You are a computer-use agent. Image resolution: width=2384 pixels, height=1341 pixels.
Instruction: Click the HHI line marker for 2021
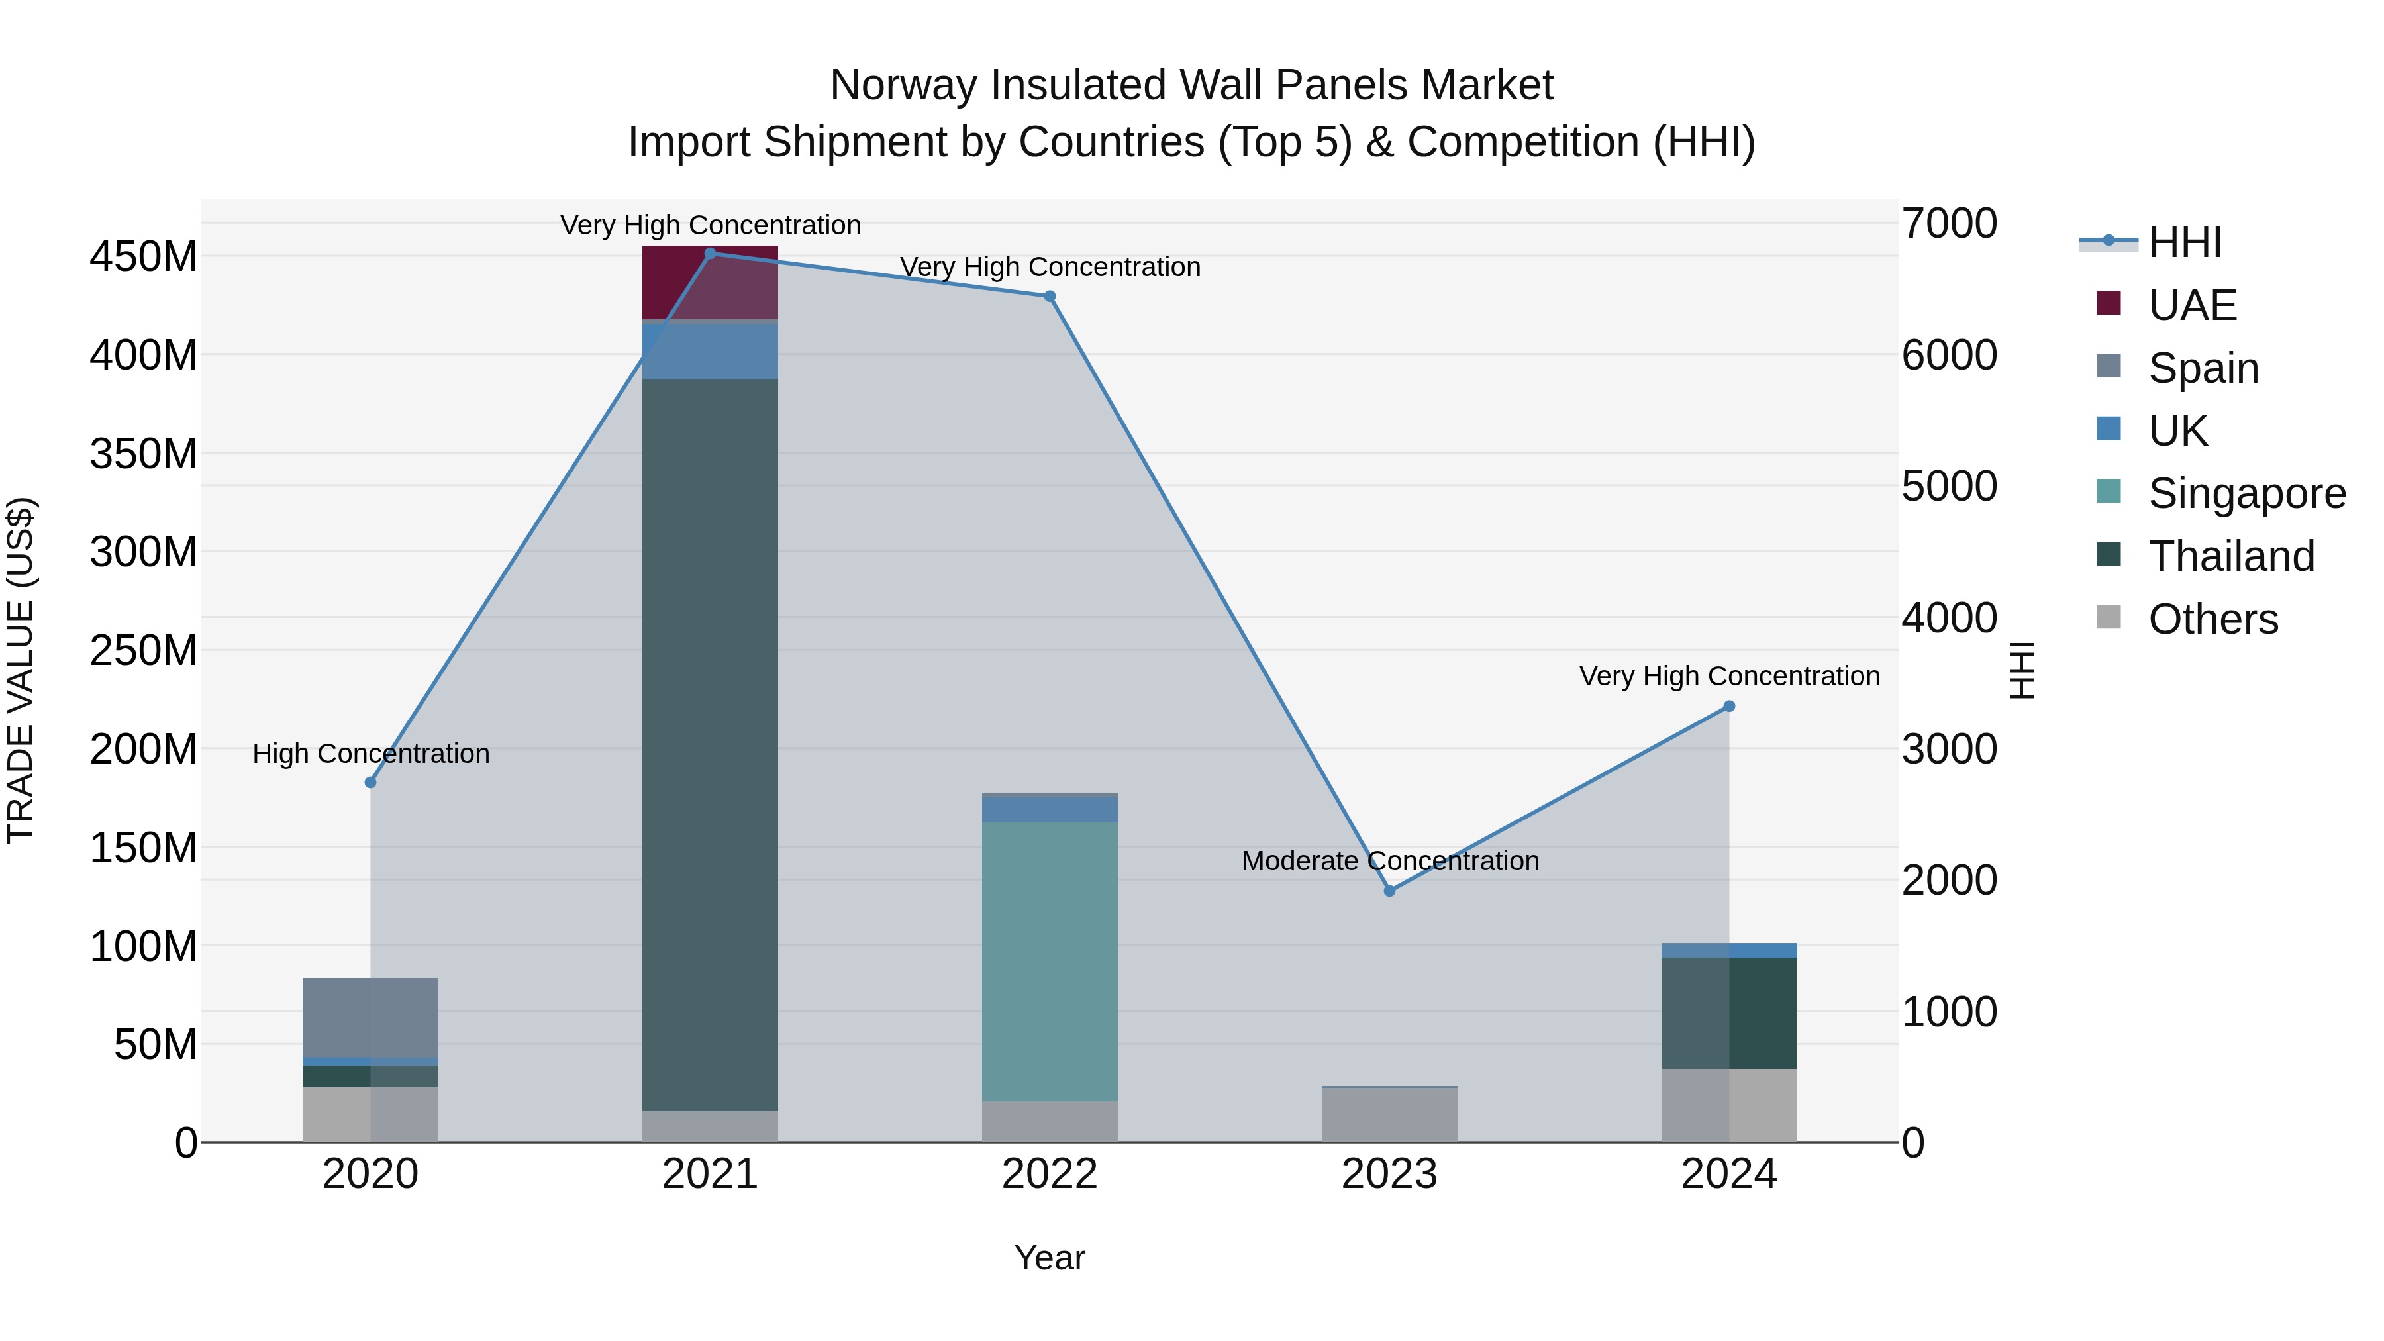pyautogui.click(x=710, y=254)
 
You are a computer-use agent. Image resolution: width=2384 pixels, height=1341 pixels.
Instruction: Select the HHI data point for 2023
pyautogui.click(x=1389, y=890)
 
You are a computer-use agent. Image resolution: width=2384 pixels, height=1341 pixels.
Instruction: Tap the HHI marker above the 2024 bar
pyautogui.click(x=1729, y=706)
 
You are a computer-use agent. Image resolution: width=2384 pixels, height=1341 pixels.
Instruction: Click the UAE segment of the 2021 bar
pyautogui.click(x=710, y=282)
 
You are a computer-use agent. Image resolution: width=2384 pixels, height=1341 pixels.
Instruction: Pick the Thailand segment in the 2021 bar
pyautogui.click(x=710, y=740)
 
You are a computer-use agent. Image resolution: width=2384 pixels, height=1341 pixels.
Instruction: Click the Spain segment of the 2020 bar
pyautogui.click(x=370, y=1017)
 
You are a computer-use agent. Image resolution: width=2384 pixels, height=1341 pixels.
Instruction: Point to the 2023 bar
pyautogui.click(x=1389, y=1115)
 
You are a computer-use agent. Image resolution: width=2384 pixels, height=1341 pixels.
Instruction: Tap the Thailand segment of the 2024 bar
pyautogui.click(x=1729, y=1013)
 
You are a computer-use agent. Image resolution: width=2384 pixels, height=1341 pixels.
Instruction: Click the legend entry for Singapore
pyautogui.click(x=2246, y=493)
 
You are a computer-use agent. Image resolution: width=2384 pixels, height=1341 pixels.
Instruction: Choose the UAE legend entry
pyautogui.click(x=2191, y=305)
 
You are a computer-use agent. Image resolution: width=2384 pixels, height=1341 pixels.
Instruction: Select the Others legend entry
pyautogui.click(x=2212, y=619)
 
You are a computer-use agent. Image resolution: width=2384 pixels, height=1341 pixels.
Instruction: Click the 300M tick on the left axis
pyautogui.click(x=144, y=552)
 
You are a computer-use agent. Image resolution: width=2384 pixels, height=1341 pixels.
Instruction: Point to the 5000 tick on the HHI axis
pyautogui.click(x=1949, y=487)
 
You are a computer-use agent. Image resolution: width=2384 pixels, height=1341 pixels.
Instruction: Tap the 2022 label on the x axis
pyautogui.click(x=1050, y=1174)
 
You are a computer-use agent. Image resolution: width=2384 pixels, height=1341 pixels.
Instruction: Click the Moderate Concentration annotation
pyautogui.click(x=1390, y=861)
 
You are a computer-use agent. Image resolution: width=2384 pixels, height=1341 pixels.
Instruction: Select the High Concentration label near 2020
pyautogui.click(x=370, y=754)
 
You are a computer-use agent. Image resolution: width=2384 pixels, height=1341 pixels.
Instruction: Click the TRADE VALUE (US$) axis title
pyautogui.click(x=21, y=670)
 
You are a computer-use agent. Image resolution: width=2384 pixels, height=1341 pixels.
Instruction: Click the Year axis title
pyautogui.click(x=1050, y=1258)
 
